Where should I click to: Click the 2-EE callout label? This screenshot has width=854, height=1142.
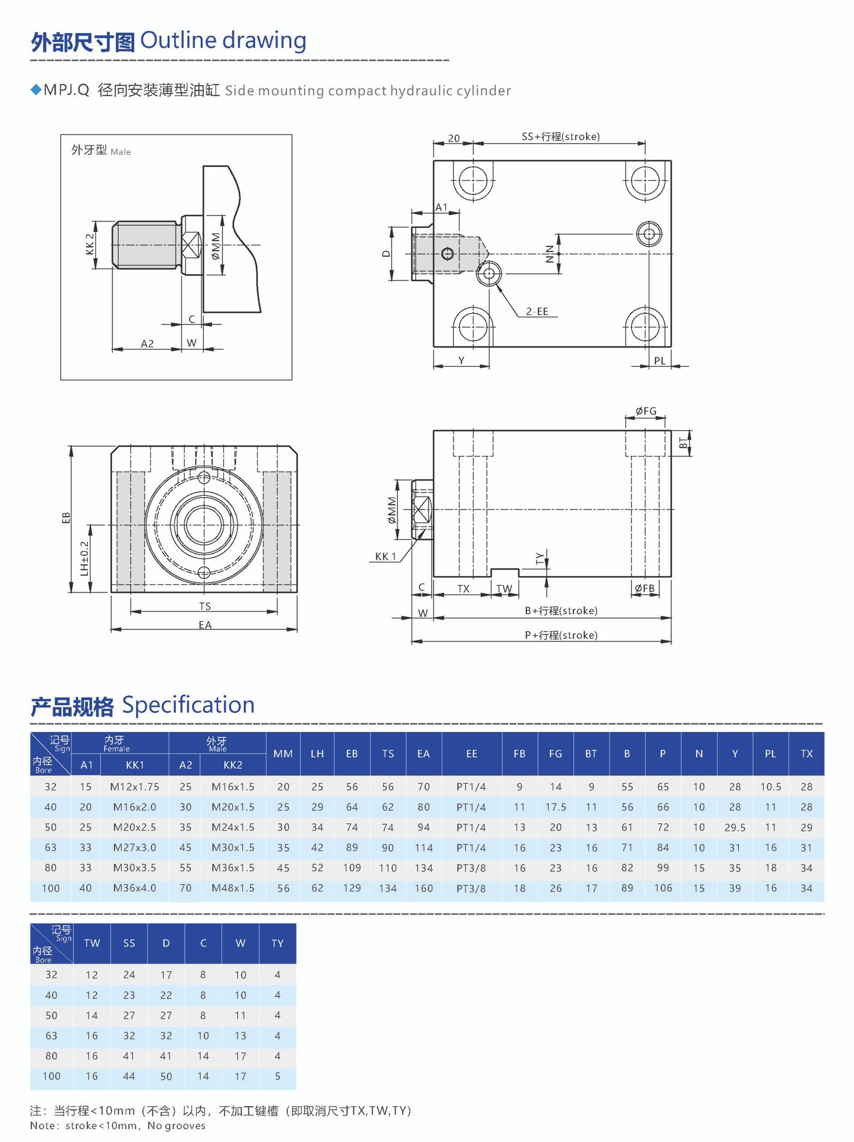(x=537, y=311)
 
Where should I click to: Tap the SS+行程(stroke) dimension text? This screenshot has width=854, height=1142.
(x=560, y=137)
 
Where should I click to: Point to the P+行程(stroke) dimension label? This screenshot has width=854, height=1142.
(x=560, y=635)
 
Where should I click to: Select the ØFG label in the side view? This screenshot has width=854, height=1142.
(x=645, y=411)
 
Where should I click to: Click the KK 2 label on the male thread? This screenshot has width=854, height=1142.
(x=90, y=244)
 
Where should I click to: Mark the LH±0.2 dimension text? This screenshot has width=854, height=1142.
(x=84, y=558)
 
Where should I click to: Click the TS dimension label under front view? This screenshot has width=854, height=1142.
(x=205, y=607)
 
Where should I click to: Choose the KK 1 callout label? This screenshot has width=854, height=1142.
(x=385, y=556)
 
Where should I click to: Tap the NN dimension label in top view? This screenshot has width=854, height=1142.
(x=550, y=254)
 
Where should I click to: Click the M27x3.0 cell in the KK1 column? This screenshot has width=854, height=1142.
(x=135, y=847)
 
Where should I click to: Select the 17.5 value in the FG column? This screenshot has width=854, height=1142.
(x=556, y=807)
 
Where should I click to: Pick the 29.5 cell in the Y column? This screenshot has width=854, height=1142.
(x=734, y=827)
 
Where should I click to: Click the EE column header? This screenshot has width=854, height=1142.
(x=471, y=753)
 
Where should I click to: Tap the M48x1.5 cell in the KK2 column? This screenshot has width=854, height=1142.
(x=233, y=888)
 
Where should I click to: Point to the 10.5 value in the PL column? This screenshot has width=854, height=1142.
(x=770, y=786)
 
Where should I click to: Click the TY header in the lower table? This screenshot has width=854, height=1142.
(x=277, y=943)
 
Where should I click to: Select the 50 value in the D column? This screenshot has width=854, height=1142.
(x=166, y=1076)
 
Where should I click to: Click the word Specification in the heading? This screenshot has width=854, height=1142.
(x=188, y=705)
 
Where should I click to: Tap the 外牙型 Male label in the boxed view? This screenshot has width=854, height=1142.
(x=101, y=150)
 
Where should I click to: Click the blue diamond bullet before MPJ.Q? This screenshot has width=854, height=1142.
(x=36, y=90)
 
